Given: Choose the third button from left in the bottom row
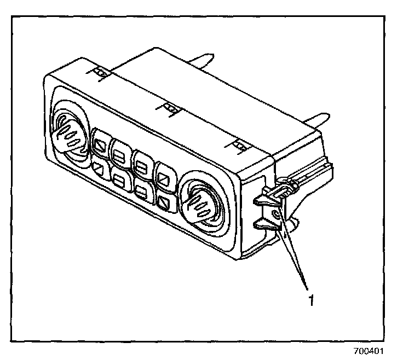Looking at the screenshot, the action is pos(142,191).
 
